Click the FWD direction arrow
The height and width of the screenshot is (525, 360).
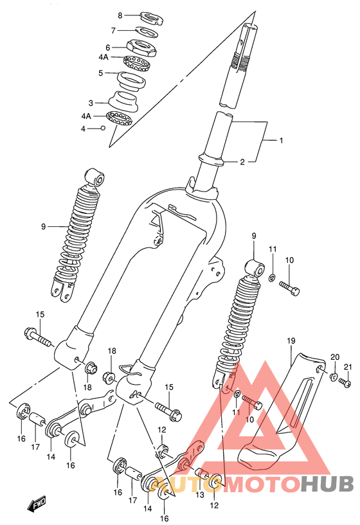(x=37, y=504)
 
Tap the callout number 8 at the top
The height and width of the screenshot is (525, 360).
(x=120, y=15)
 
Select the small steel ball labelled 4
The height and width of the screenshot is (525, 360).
(x=103, y=128)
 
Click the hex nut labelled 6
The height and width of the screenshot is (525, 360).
(x=141, y=48)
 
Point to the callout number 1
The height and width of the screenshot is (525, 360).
(x=282, y=140)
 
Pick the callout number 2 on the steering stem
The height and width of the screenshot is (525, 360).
(x=242, y=162)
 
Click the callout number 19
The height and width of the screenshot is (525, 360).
(x=291, y=341)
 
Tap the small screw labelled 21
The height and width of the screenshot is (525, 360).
(x=345, y=382)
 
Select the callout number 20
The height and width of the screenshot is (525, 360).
(x=335, y=357)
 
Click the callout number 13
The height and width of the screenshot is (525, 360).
(x=200, y=495)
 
